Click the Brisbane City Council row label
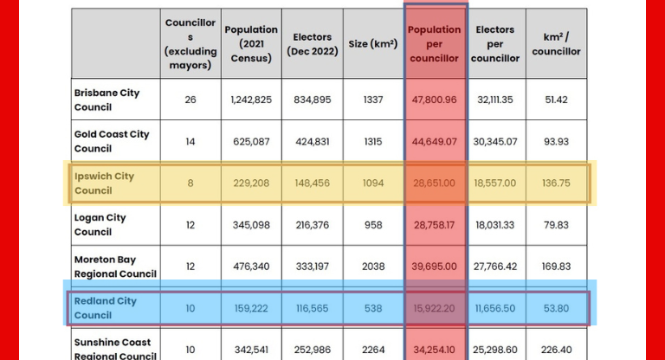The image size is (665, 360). click(x=107, y=100)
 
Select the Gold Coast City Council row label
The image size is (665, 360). click(x=112, y=141)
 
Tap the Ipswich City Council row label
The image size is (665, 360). click(x=104, y=183)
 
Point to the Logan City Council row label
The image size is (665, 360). click(x=100, y=224)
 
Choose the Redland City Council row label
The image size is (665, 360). click(x=106, y=307)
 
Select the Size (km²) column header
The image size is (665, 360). click(x=373, y=43)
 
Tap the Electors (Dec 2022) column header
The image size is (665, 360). click(x=313, y=43)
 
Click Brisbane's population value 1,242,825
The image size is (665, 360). click(x=251, y=100)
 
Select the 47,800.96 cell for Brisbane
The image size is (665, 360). click(x=435, y=100)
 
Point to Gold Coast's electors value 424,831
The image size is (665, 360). click(x=312, y=141)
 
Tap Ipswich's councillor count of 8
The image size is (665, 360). click(x=190, y=183)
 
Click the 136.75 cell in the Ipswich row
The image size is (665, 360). click(x=556, y=183)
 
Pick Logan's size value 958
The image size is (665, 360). click(x=373, y=224)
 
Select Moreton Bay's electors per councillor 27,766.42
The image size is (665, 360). click(x=495, y=266)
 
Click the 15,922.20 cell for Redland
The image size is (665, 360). click(x=435, y=307)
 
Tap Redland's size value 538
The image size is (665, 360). click(x=373, y=307)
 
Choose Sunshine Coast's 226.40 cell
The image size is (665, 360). click(x=556, y=349)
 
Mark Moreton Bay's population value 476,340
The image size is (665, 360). click(x=251, y=266)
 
